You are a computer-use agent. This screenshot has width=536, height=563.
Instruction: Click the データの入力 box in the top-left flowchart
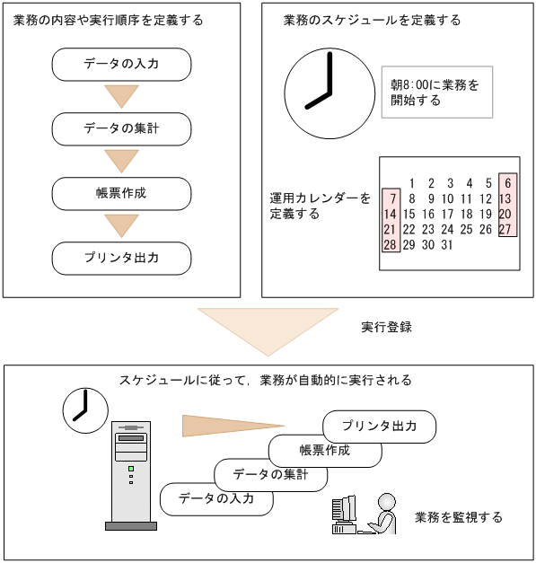[122, 64]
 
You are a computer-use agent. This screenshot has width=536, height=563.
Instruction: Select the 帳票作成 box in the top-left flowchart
[122, 193]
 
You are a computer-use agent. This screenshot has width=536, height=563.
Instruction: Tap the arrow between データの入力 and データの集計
[122, 95]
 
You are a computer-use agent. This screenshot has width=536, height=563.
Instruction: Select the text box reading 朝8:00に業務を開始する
[436, 92]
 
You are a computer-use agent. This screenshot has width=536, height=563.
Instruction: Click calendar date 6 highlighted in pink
[507, 183]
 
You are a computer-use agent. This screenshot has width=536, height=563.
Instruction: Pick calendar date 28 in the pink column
[391, 244]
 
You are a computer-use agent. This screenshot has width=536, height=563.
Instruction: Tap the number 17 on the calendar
[447, 214]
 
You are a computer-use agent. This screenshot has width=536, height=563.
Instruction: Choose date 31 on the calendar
[447, 244]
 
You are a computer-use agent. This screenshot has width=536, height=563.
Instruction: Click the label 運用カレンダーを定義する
[320, 206]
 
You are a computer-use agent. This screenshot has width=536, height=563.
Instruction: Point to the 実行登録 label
[386, 327]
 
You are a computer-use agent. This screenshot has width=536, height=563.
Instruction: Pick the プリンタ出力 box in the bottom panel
[380, 427]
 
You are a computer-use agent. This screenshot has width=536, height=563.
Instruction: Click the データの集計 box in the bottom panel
[269, 474]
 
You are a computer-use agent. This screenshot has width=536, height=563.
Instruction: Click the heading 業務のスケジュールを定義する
[371, 20]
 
